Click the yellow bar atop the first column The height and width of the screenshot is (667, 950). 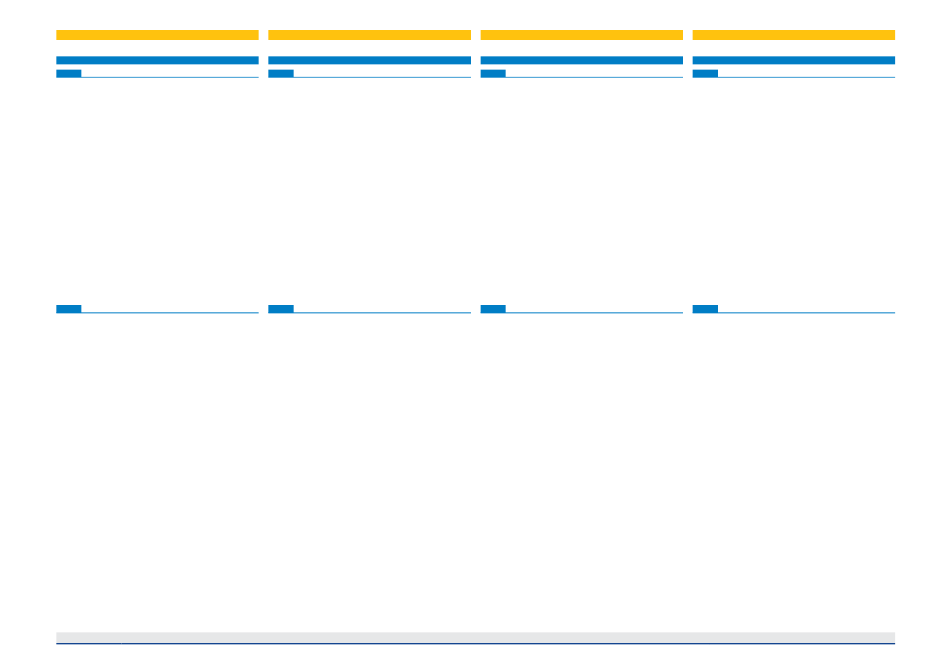coord(157,35)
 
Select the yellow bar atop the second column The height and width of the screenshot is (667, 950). coord(369,35)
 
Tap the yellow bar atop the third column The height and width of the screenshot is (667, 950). coord(581,35)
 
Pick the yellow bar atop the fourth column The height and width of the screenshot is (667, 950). coord(793,35)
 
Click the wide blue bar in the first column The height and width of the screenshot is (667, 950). coord(157,60)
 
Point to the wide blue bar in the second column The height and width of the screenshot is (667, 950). coord(369,60)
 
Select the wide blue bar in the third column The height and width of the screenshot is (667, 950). coord(581,60)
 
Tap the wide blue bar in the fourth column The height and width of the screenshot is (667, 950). coord(793,60)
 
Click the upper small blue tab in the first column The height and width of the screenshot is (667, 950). coord(69,73)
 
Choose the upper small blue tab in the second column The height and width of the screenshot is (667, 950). coord(281,73)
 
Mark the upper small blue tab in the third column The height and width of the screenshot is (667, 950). coord(493,73)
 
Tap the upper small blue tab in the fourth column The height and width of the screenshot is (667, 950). coord(705,73)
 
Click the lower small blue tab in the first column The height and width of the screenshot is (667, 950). coord(69,309)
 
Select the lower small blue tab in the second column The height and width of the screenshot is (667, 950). coord(281,309)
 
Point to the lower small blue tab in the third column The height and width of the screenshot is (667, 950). coord(493,309)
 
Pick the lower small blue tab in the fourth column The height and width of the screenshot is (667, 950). coord(705,309)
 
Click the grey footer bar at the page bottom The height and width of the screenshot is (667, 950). coord(475,637)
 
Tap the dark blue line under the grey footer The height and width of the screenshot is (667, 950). coord(475,644)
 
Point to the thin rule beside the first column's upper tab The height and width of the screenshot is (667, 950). coord(170,77)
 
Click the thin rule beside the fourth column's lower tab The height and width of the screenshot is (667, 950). coord(806,313)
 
